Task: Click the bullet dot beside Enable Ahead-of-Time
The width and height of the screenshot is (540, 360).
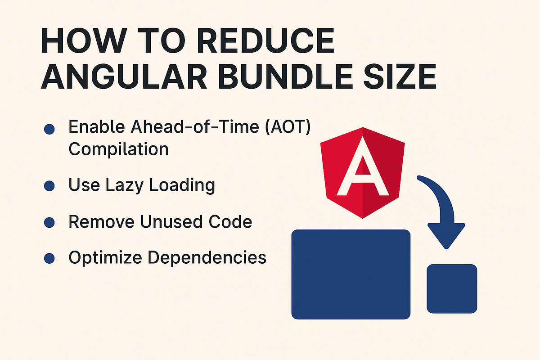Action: (49, 130)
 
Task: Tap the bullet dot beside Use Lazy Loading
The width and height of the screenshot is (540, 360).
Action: (49, 185)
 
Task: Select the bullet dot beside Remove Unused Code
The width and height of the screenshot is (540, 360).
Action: (49, 222)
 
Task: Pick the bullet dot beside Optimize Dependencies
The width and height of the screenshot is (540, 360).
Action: (49, 258)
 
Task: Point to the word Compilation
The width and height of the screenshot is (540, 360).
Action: (118, 148)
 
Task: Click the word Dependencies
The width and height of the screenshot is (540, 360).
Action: (207, 258)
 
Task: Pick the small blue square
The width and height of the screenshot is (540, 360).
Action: (451, 288)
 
